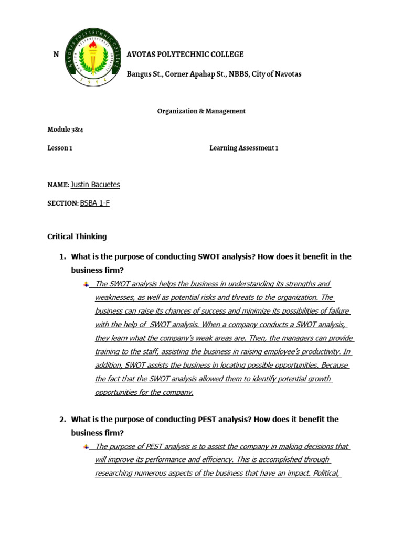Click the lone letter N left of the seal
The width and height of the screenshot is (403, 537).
click(x=56, y=55)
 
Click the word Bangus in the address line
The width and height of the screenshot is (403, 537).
click(x=138, y=74)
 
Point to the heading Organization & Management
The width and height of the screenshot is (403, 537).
click(x=201, y=111)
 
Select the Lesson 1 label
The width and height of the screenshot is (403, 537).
click(x=59, y=148)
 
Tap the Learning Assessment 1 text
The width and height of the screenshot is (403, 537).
click(x=243, y=148)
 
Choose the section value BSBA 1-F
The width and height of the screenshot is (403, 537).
click(x=95, y=203)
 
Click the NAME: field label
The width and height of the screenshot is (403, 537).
click(x=58, y=185)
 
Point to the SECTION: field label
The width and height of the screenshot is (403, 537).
click(x=62, y=203)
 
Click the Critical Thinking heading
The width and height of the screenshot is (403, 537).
click(x=77, y=237)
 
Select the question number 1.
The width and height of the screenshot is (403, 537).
click(x=62, y=257)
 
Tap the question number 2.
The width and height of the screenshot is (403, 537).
click(x=62, y=420)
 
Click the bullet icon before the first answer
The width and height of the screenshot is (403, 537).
click(x=86, y=284)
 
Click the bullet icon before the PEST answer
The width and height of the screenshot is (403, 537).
click(x=86, y=446)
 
